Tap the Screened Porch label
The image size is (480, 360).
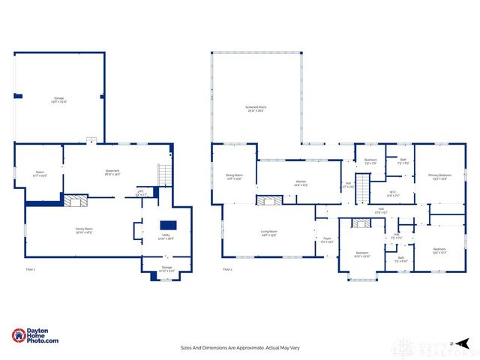(x=256, y=109)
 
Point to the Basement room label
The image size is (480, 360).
(x=112, y=172)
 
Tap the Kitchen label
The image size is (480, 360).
(x=301, y=182)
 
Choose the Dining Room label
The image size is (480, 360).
(x=234, y=177)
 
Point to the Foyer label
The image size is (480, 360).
(x=327, y=240)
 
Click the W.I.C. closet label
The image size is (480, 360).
(x=393, y=193)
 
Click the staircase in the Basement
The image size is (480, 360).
(x=162, y=175)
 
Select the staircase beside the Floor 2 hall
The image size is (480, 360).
(x=362, y=184)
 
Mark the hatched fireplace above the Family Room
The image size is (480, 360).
(x=74, y=201)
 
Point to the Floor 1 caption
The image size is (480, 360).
(x=31, y=269)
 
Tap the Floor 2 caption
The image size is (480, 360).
(x=227, y=269)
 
